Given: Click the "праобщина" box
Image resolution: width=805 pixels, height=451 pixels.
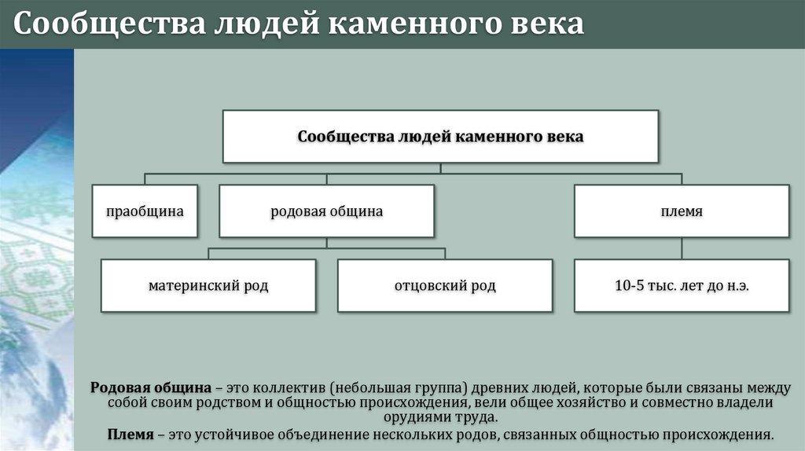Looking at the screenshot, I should point(145,211).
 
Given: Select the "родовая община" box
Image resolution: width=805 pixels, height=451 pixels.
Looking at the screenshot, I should point(326,211).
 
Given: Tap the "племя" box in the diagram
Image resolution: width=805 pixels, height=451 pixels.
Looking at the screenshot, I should point(682,211).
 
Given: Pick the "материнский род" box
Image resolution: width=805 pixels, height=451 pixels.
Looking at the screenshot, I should point(208,286).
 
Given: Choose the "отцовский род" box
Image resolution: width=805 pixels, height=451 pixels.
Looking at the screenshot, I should point(445,286).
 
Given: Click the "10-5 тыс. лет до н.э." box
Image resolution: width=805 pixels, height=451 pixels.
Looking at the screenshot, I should point(682,286).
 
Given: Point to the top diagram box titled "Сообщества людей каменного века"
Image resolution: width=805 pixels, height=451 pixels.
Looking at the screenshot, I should point(440,137).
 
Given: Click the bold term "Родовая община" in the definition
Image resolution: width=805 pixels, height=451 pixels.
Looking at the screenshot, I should point(151,388).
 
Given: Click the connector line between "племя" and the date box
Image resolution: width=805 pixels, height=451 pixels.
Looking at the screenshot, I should point(682,248).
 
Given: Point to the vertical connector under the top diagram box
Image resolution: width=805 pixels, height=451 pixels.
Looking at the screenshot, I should point(440,167).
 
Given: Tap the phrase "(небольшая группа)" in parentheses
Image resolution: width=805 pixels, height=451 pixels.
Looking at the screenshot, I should point(399,388).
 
